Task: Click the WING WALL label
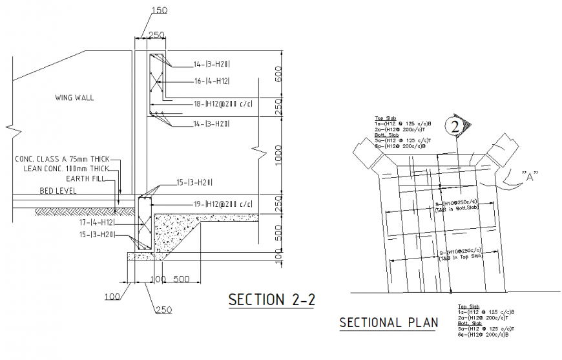pyautogui.click(x=74, y=98)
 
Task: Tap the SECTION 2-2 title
pyautogui.click(x=272, y=300)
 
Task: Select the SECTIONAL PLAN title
pyautogui.click(x=388, y=322)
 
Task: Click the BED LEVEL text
pyautogui.click(x=58, y=191)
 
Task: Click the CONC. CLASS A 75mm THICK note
pyautogui.click(x=63, y=159)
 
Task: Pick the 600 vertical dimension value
pyautogui.click(x=278, y=75)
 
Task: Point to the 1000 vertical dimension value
pyautogui.click(x=278, y=155)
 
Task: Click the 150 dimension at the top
pyautogui.click(x=159, y=10)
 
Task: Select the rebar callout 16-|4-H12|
pyautogui.click(x=212, y=81)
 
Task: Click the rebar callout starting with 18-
pyautogui.click(x=222, y=103)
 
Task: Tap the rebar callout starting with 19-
pyautogui.click(x=222, y=204)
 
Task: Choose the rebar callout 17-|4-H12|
pyautogui.click(x=96, y=222)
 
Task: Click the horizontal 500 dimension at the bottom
pyautogui.click(x=182, y=280)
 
